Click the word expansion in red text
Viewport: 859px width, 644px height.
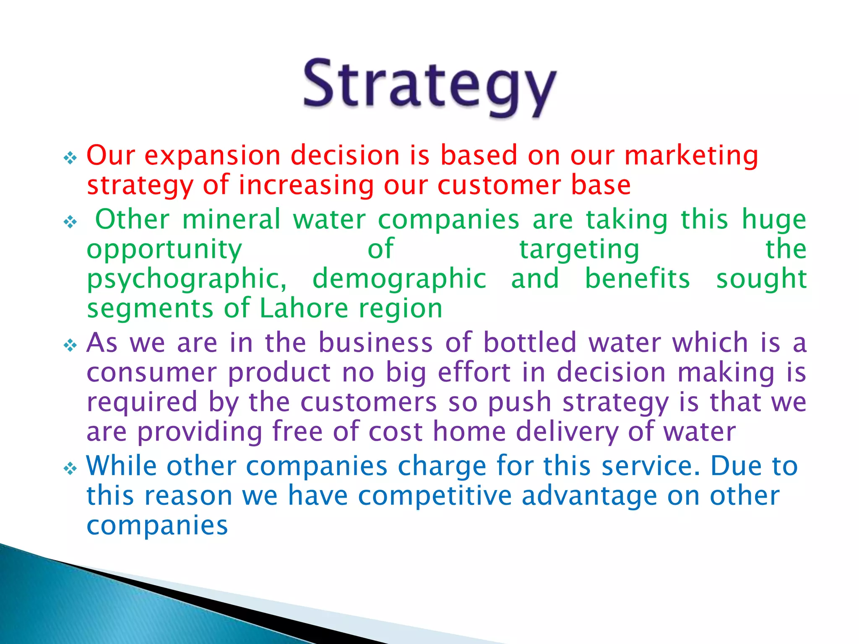(212, 156)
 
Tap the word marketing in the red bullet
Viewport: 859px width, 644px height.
(691, 156)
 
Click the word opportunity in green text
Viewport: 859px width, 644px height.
(164, 250)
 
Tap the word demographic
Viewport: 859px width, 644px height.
(399, 280)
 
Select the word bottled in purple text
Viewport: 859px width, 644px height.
(530, 343)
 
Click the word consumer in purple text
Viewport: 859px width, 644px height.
(151, 373)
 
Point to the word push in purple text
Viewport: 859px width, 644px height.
(519, 402)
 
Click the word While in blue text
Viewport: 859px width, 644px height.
(121, 466)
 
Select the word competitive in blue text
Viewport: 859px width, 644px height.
(435, 496)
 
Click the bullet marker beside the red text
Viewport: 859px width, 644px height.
(70, 158)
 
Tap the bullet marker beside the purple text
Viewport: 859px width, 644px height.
(70, 345)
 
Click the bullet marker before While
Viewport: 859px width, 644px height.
(70, 468)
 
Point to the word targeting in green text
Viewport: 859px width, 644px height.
(579, 250)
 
